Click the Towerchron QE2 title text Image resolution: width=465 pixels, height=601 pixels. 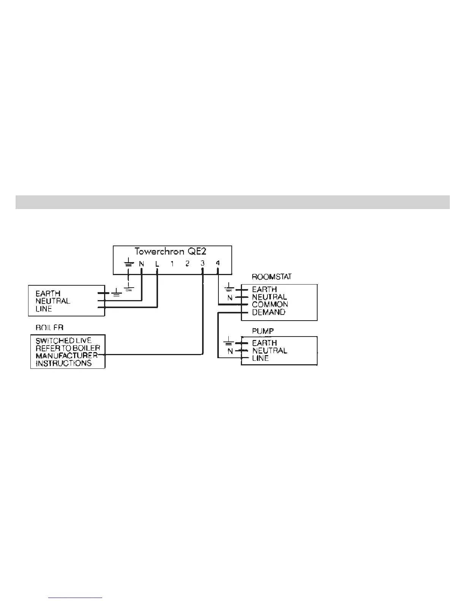(x=171, y=252)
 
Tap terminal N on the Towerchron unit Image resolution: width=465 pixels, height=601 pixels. (x=141, y=263)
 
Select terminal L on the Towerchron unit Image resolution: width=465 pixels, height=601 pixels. (x=157, y=263)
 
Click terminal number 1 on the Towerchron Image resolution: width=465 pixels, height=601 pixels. (x=172, y=263)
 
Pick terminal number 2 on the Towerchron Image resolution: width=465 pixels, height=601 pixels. (x=187, y=263)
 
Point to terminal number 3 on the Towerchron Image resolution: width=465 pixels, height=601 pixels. (x=202, y=263)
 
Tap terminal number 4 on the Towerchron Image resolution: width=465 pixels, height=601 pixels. (x=218, y=263)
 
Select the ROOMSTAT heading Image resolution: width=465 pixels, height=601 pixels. (x=272, y=277)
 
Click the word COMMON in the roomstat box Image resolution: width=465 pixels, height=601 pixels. (x=270, y=304)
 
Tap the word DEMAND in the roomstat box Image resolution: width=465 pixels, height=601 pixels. (x=269, y=312)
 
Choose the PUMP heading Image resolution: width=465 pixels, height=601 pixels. (x=263, y=331)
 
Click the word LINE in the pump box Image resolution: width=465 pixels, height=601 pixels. (x=260, y=358)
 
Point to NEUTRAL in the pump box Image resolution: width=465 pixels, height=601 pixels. (x=270, y=351)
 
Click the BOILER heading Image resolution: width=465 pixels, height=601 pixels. (x=49, y=327)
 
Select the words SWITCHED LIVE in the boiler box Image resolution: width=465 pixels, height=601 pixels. (x=63, y=340)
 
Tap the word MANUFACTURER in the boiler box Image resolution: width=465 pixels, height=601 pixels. (x=66, y=356)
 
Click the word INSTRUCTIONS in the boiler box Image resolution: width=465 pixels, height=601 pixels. (x=63, y=363)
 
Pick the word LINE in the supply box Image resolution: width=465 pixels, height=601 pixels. (x=44, y=309)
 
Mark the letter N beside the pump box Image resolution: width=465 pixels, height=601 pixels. (x=230, y=351)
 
